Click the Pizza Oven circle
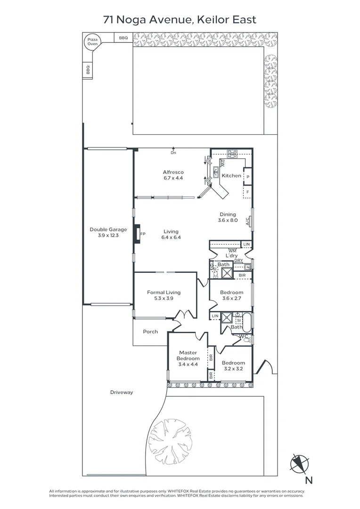pyautogui.click(x=92, y=41)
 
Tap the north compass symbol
pyautogui.click(x=299, y=464)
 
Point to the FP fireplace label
pyautogui.click(x=143, y=234)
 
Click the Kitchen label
pyautogui.click(x=231, y=176)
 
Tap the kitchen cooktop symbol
pyautogui.click(x=232, y=154)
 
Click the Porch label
pyautogui.click(x=150, y=332)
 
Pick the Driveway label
pyautogui.click(x=122, y=392)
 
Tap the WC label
pyautogui.click(x=244, y=337)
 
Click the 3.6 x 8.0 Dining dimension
pyautogui.click(x=228, y=220)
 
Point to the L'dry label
pyautogui.click(x=232, y=256)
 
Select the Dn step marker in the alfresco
pyautogui.click(x=173, y=153)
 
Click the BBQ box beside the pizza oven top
pyautogui.click(x=123, y=38)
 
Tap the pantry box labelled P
pyautogui.click(x=248, y=177)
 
